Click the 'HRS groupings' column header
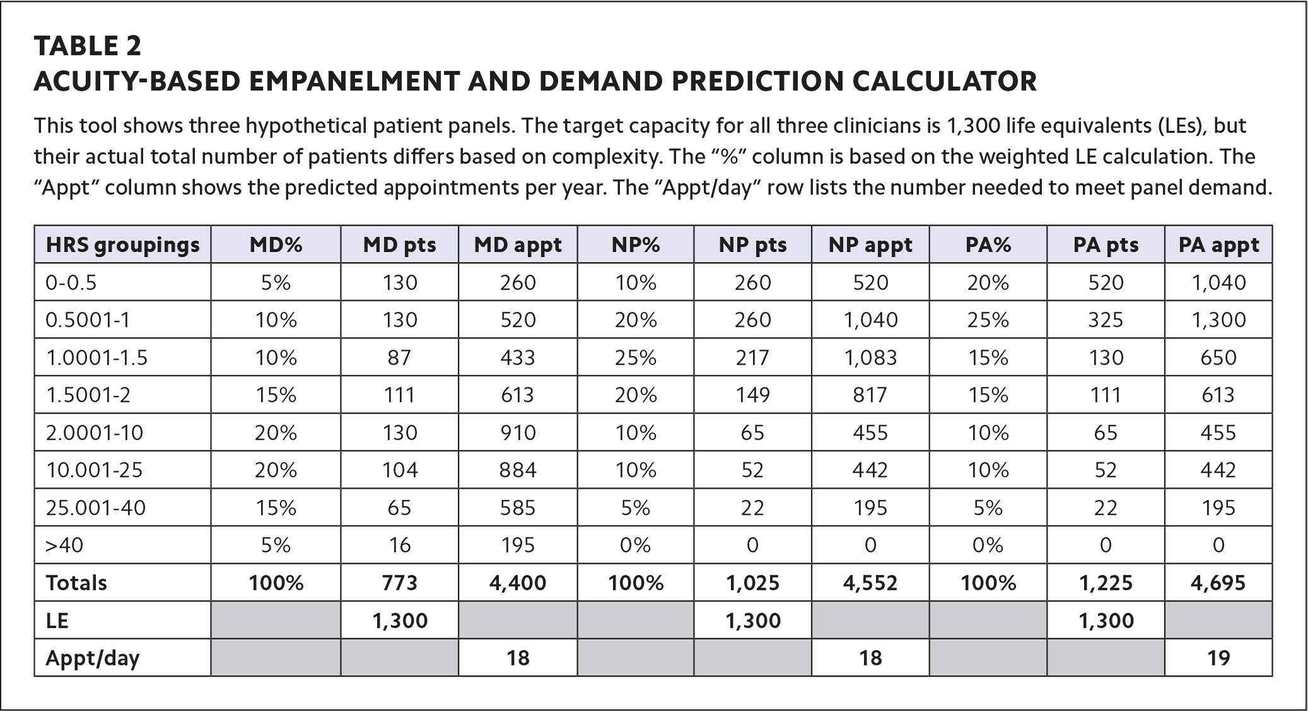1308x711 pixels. click(x=122, y=245)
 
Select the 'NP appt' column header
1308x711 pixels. click(x=870, y=245)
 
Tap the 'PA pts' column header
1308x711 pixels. click(x=1106, y=245)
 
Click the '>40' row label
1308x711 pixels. click(x=64, y=545)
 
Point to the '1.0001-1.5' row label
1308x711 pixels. click(x=96, y=358)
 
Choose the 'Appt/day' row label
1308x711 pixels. click(x=92, y=658)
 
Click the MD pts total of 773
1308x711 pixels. click(x=399, y=582)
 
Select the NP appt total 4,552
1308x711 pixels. click(x=870, y=582)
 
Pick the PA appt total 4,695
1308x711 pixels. click(x=1218, y=582)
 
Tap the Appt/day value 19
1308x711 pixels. click(x=1218, y=658)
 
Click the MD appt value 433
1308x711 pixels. click(x=518, y=358)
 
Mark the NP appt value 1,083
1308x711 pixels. click(x=870, y=358)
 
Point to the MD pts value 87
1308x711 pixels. click(x=399, y=358)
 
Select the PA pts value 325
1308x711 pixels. click(x=1106, y=320)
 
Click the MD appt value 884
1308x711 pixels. click(x=518, y=470)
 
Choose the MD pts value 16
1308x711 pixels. click(x=399, y=545)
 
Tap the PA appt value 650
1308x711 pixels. click(x=1218, y=358)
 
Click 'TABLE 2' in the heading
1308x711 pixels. click(x=88, y=46)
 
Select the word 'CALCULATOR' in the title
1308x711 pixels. click(x=944, y=81)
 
